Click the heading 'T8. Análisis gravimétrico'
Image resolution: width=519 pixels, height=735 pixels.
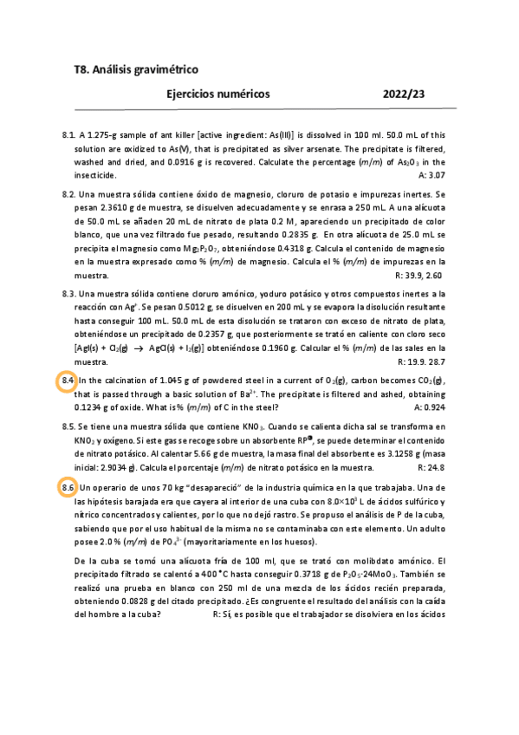coord(136,68)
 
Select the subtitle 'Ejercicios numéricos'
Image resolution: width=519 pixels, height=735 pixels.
coord(217,94)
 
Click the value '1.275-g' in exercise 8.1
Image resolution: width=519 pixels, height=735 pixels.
coord(105,135)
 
